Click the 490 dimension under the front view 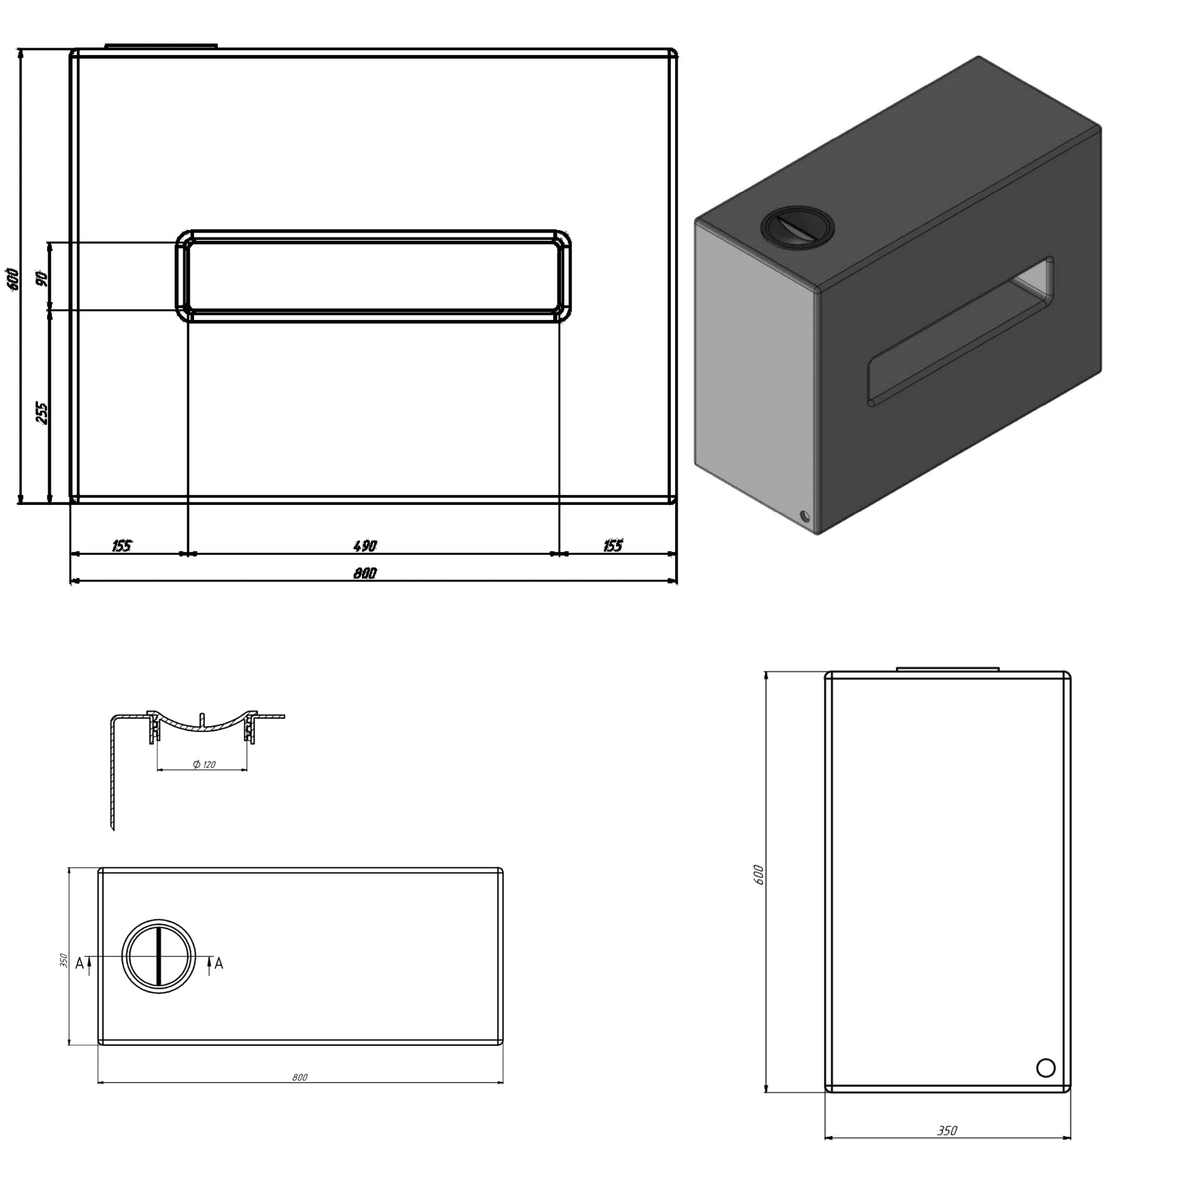[365, 545]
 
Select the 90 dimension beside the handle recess [42, 278]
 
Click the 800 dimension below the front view [364, 573]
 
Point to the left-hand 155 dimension [121, 545]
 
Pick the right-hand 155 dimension [613, 545]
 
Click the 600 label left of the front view [12, 278]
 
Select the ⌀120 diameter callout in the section [204, 764]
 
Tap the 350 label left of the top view [63, 960]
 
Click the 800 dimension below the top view [300, 1095]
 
